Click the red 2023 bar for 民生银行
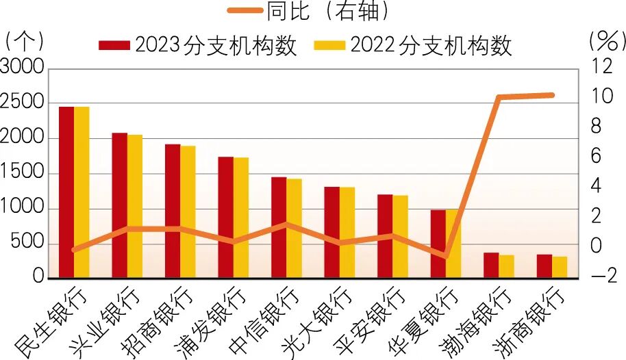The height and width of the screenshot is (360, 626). click(66, 192)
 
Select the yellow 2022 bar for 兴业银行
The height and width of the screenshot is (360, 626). click(135, 206)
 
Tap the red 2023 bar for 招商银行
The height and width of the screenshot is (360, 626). click(173, 211)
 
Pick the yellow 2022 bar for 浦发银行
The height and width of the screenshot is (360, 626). click(241, 218)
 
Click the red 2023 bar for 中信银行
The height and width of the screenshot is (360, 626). click(279, 227)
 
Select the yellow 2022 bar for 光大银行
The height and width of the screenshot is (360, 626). click(347, 232)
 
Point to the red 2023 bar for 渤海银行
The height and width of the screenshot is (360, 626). click(491, 265)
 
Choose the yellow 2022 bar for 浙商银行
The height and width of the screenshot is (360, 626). click(560, 267)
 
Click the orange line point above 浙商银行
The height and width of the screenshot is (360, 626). click(551, 95)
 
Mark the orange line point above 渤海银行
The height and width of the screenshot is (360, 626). click(498, 97)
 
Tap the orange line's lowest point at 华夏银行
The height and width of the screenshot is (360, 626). click(446, 256)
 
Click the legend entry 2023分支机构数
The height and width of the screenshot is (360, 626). click(198, 44)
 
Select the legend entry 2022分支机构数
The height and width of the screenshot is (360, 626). click(413, 44)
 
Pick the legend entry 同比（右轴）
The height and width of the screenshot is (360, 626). click(308, 10)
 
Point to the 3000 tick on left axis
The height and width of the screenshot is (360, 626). click(21, 67)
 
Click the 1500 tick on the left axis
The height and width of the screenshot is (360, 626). click(21, 172)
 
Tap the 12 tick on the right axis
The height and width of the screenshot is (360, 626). click(601, 66)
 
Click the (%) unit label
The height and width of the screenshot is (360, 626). click(607, 42)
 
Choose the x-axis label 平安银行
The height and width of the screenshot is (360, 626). click(371, 320)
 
